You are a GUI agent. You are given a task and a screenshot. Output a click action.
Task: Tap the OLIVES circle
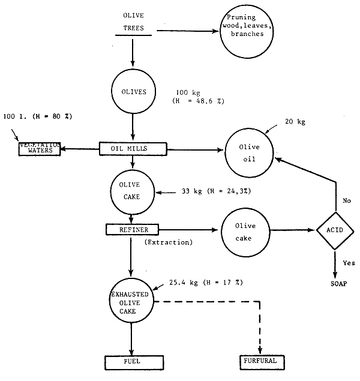click(x=133, y=92)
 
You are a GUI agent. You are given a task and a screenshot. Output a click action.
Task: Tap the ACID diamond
click(x=334, y=230)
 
